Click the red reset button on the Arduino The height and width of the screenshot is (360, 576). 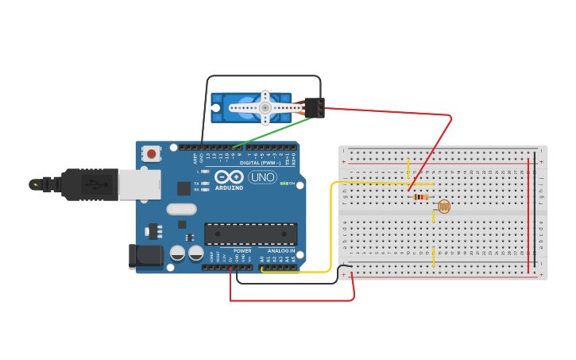[152, 153]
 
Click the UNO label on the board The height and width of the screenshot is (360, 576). [262, 177]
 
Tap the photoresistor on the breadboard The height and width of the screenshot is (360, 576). [443, 207]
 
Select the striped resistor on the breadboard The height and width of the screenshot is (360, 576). [420, 197]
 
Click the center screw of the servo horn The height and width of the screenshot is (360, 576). [265, 106]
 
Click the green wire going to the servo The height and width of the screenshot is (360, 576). [270, 133]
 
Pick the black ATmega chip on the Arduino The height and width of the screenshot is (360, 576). [251, 234]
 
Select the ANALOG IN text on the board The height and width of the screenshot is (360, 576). [281, 250]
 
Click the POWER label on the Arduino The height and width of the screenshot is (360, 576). [242, 250]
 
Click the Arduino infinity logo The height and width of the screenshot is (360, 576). [229, 177]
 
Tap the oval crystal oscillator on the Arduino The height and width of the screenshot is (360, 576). [181, 210]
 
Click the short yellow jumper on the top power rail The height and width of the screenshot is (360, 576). [408, 168]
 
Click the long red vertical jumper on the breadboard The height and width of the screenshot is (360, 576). [528, 215]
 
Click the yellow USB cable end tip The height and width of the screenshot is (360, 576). [34, 184]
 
